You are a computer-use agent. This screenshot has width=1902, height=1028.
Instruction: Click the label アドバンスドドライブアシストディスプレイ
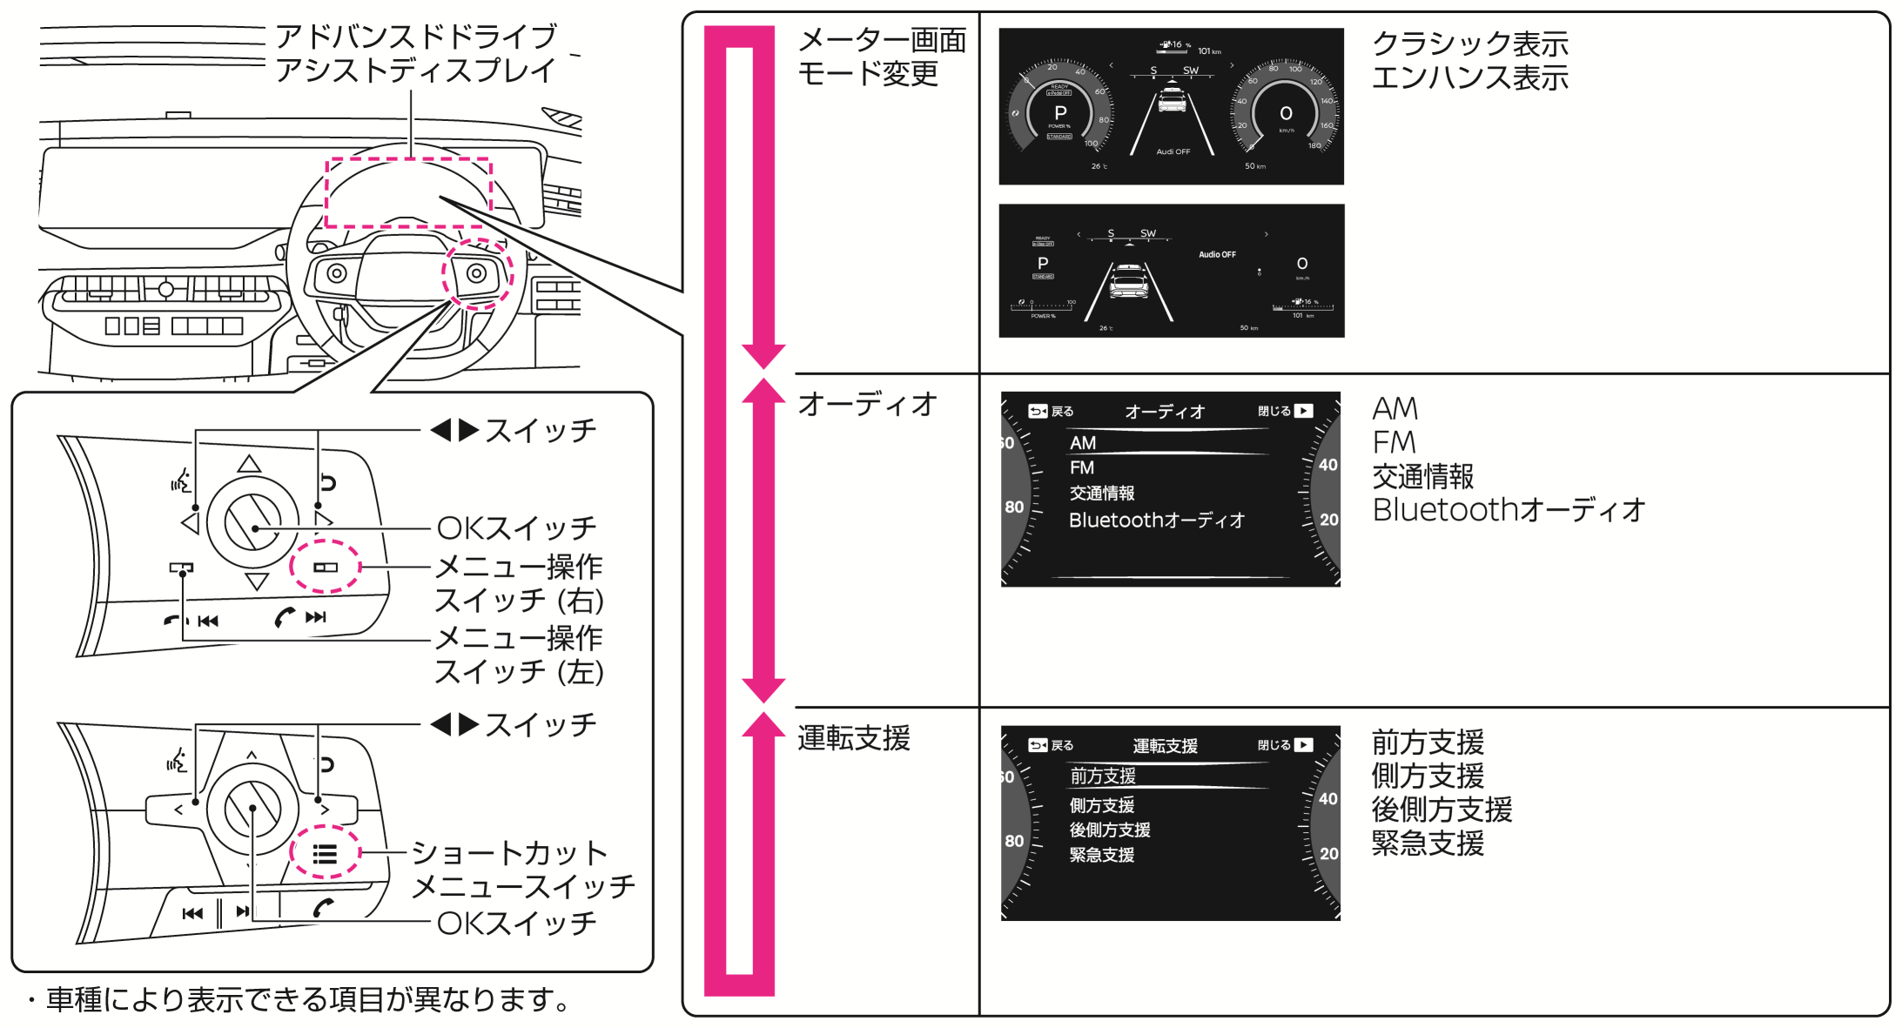click(415, 53)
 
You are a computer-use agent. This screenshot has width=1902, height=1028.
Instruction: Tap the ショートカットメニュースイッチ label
click(522, 869)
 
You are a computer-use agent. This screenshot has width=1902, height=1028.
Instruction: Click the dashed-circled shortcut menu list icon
click(325, 854)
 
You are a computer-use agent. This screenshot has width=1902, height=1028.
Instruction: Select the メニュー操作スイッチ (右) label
click(519, 583)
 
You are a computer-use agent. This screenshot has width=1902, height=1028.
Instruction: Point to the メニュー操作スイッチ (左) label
click(519, 655)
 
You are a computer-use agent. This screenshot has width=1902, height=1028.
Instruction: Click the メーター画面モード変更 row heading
click(881, 57)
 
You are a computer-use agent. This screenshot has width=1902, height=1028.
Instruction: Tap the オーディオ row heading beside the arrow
click(867, 404)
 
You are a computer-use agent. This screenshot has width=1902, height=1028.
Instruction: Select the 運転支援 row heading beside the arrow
click(854, 738)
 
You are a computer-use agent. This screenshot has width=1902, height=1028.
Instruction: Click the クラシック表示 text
click(1469, 44)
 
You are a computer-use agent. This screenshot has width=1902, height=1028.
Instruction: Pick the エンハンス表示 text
click(1469, 77)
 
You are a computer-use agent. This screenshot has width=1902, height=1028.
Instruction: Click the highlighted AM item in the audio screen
click(1083, 443)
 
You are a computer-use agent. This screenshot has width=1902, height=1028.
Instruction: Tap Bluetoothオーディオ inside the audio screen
click(1156, 521)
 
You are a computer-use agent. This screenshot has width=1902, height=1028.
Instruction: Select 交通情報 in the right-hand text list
click(1422, 476)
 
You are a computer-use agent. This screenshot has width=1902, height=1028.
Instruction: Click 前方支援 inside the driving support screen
click(1103, 776)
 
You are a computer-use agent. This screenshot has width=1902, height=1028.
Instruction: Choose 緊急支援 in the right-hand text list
click(1428, 843)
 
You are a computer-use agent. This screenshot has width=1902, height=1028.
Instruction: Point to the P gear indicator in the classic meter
click(1060, 113)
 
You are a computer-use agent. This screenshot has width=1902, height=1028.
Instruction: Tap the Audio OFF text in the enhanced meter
click(1217, 255)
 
